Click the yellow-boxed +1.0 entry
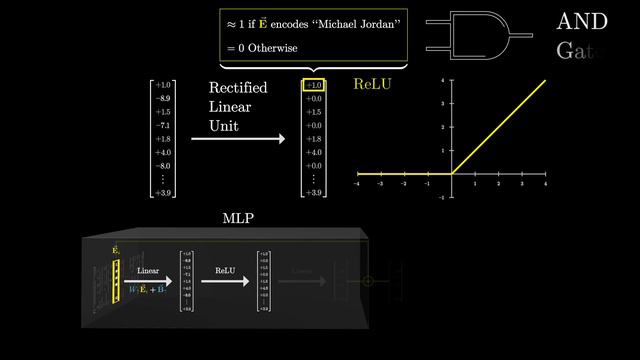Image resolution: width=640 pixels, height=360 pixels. point(314,86)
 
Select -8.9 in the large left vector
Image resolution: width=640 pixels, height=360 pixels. point(162,99)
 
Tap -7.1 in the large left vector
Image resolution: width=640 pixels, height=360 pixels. point(162,126)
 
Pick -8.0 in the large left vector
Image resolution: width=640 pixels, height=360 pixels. point(162,166)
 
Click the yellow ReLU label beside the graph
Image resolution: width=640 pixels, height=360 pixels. point(372,85)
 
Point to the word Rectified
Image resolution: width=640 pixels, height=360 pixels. point(238,89)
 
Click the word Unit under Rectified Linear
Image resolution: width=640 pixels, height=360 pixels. point(224,127)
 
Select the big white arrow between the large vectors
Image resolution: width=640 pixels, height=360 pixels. point(240,140)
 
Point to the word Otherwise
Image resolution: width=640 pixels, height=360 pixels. point(271,48)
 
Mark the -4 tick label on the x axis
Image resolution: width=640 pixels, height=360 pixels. point(358,185)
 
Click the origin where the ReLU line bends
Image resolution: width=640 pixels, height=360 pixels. point(451,174)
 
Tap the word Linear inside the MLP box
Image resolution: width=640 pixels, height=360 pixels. point(148,271)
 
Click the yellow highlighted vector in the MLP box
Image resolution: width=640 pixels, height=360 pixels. point(116,282)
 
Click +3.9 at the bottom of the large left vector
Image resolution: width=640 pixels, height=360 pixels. point(162,192)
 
